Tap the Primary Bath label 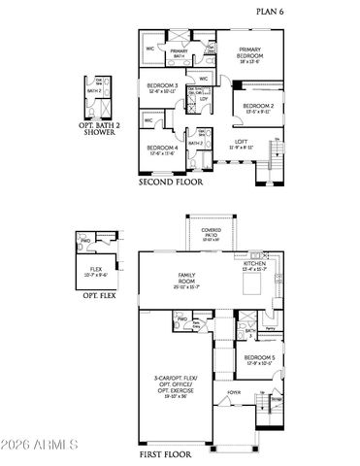coord(180,54)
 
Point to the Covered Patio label coord(211,233)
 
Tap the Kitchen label coord(254,265)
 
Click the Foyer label coord(234,393)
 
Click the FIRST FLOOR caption coord(169,454)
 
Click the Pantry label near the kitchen coord(272,331)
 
